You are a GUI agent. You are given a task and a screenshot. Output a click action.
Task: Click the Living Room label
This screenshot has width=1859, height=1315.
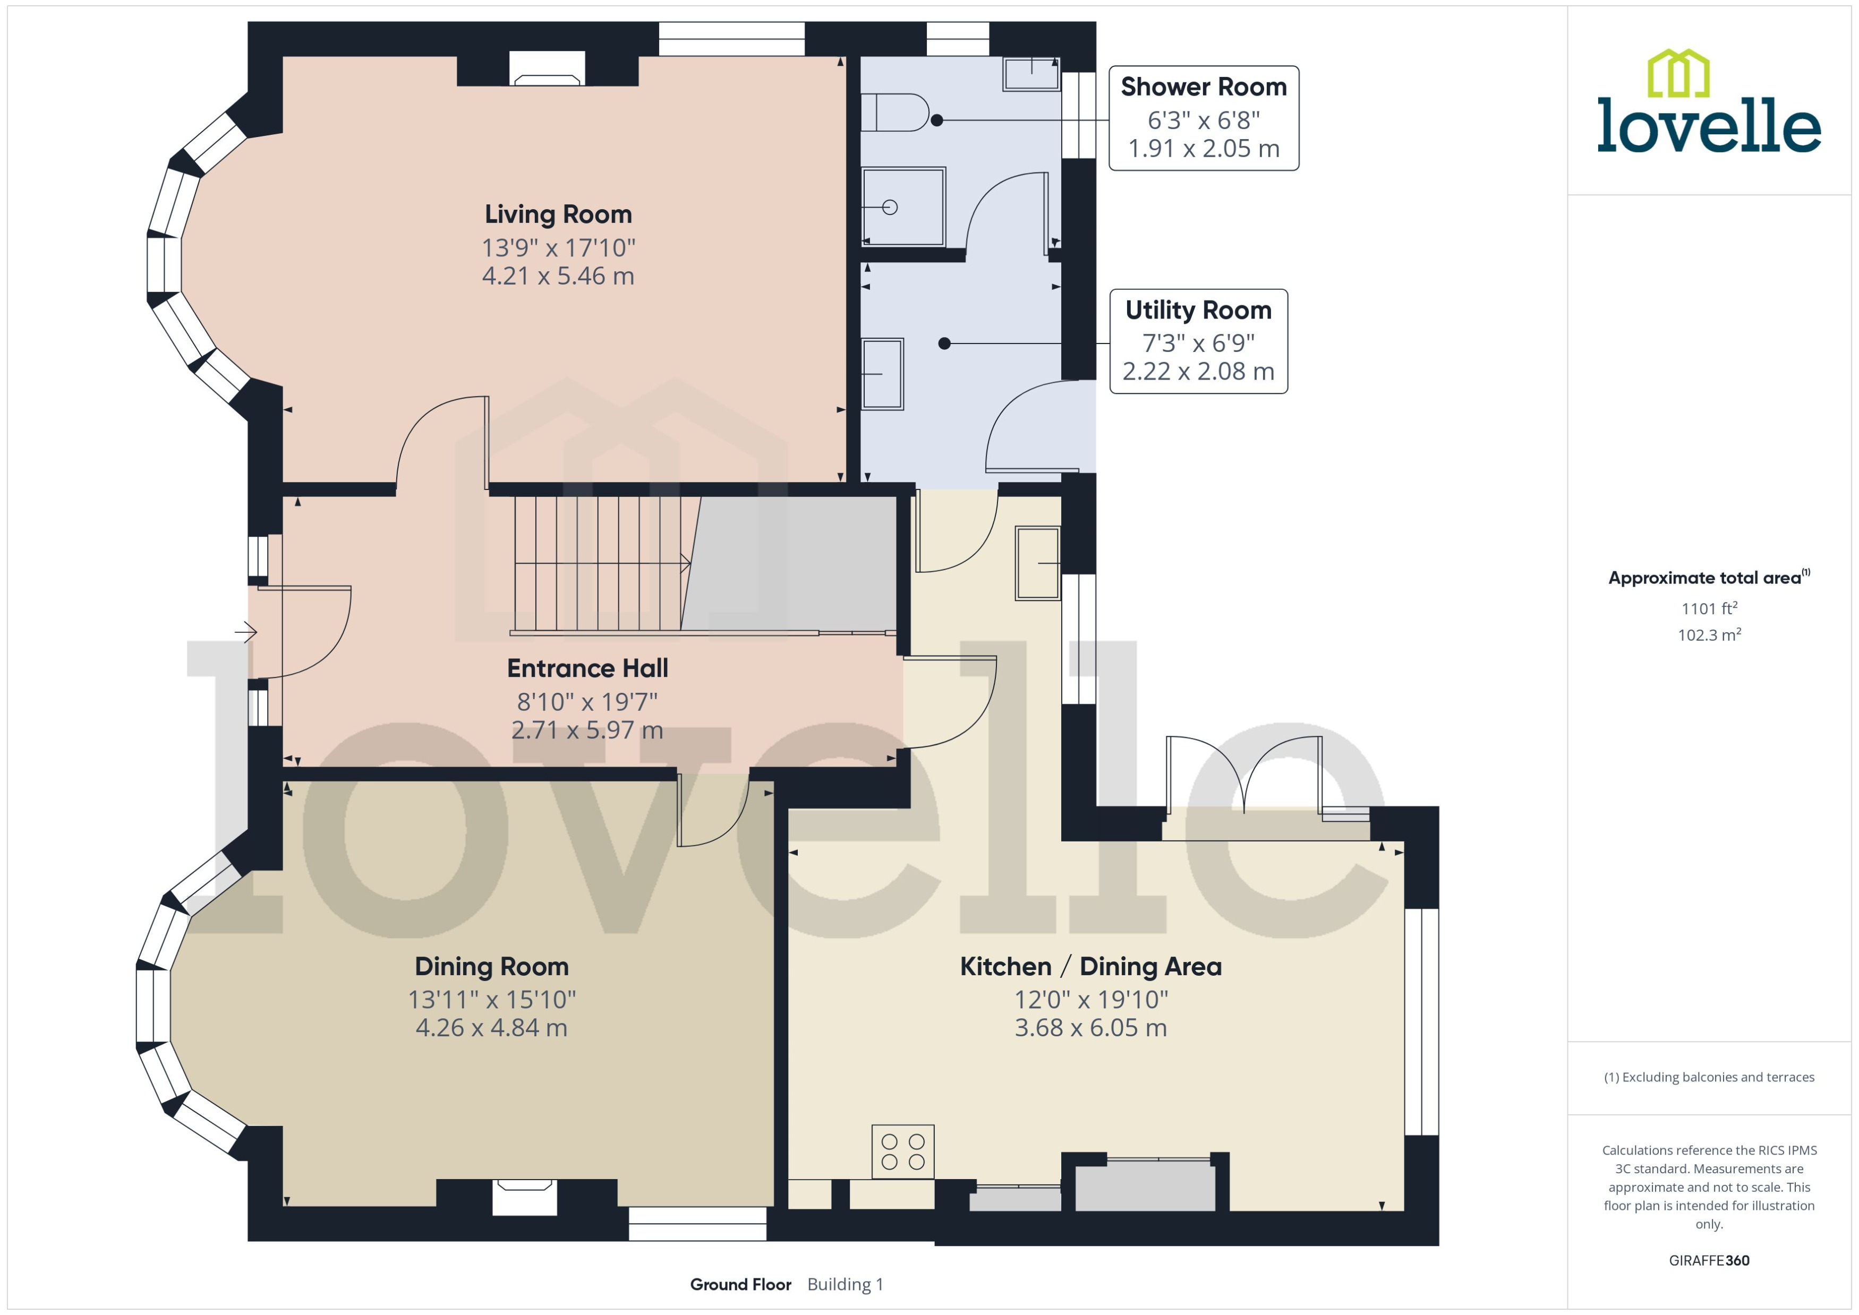coord(558,214)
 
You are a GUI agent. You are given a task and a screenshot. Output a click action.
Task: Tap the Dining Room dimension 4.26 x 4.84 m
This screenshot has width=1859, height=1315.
coord(492,1028)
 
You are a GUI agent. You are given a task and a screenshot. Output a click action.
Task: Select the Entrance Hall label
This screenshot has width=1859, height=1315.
coord(587,669)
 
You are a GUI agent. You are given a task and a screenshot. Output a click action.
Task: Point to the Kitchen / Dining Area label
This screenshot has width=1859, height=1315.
coord(1090,967)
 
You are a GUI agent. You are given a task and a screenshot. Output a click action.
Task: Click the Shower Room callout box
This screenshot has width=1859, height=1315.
coord(1204,118)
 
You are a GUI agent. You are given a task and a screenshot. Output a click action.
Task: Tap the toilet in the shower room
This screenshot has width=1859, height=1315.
coord(894,113)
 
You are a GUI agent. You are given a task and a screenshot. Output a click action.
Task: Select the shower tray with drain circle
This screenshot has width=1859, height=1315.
coord(903,207)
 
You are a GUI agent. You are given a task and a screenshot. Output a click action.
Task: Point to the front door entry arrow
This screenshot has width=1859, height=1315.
coord(246,632)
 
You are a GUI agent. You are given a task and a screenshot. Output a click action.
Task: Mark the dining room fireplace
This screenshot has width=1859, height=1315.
coord(525,1197)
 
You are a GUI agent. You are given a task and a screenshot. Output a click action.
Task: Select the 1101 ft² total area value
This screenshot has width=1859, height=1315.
coord(1709,608)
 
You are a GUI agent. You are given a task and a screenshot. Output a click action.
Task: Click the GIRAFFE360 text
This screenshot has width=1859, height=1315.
coord(1709,1261)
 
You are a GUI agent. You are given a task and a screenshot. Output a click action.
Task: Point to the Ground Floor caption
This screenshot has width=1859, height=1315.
coord(740,1285)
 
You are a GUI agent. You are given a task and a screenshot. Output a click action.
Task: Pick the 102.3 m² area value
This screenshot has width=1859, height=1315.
coord(1709,635)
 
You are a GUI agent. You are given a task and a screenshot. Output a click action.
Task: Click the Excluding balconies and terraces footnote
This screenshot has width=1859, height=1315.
coord(1709,1077)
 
